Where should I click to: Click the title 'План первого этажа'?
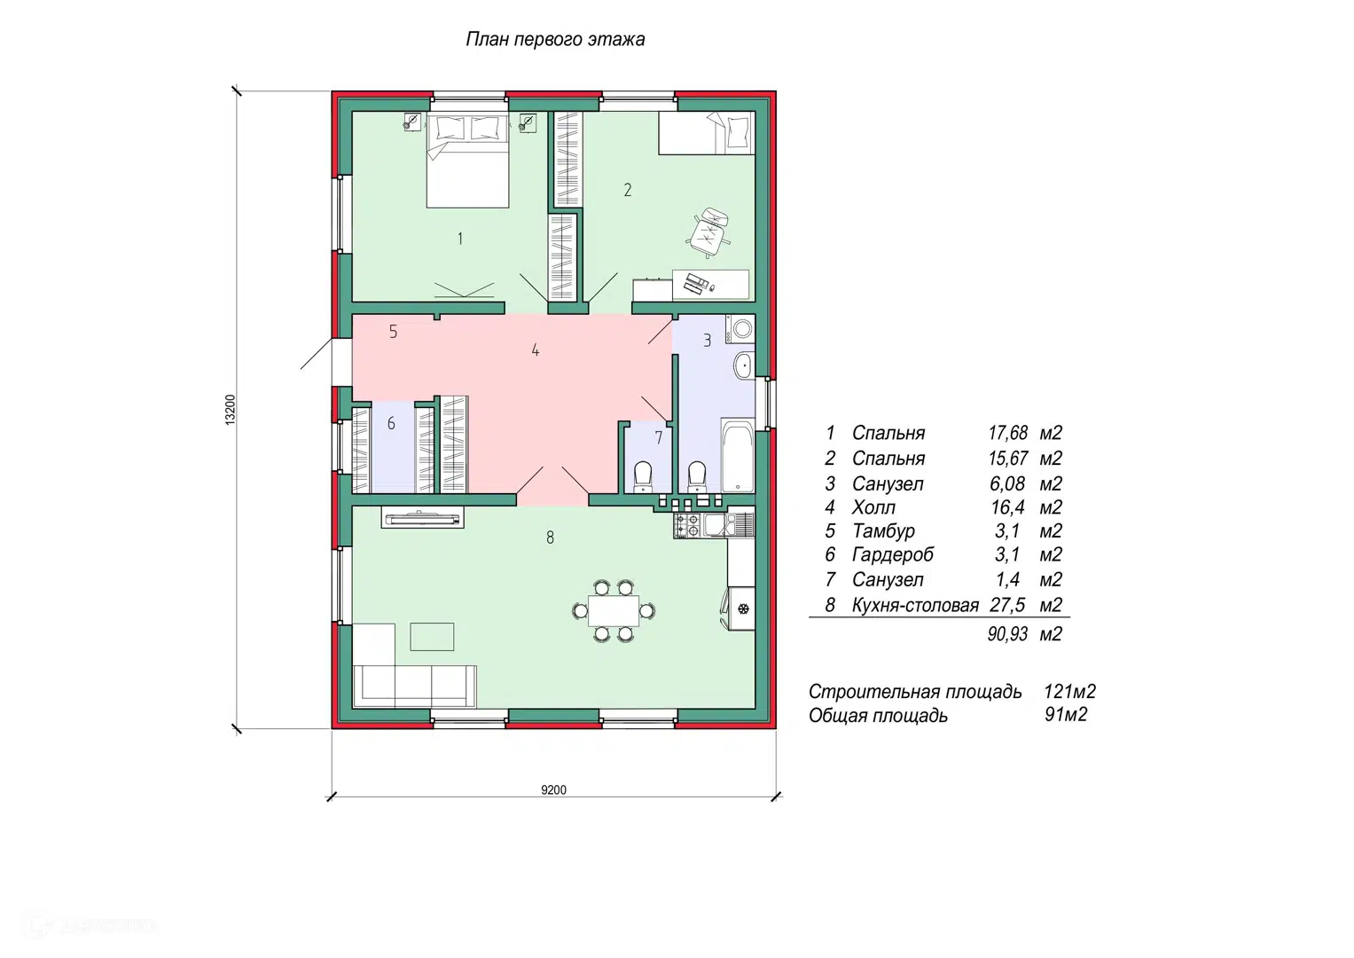(x=555, y=39)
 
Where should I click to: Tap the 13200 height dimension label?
(x=231, y=410)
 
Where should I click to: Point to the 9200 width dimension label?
(x=553, y=789)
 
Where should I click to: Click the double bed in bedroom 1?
(x=467, y=160)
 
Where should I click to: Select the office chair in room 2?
(x=708, y=232)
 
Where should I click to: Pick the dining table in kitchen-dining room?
(x=614, y=611)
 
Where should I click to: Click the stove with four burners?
(x=687, y=525)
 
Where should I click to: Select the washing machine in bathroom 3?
(x=740, y=329)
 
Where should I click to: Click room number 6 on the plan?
(x=391, y=423)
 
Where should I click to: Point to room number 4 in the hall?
(x=535, y=349)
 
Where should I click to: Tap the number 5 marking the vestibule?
(x=393, y=332)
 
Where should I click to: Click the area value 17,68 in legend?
(x=1007, y=433)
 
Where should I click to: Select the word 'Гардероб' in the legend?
(x=893, y=554)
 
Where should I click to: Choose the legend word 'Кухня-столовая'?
(x=915, y=605)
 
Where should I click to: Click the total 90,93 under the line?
(x=1007, y=634)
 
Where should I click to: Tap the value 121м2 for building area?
(x=1069, y=691)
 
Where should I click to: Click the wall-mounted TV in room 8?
(x=423, y=518)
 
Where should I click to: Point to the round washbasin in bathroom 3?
(x=743, y=365)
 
